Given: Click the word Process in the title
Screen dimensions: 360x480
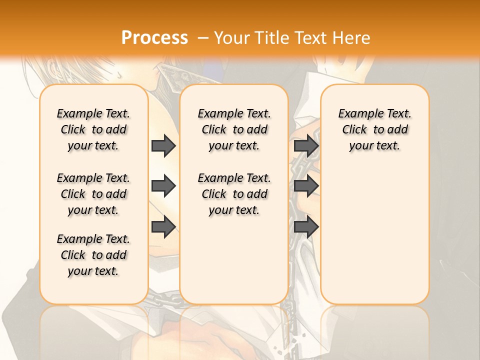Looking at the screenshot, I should coord(154,38).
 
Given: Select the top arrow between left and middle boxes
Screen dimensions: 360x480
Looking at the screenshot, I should coord(163,145).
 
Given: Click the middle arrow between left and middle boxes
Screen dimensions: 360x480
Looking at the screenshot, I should coord(163,186).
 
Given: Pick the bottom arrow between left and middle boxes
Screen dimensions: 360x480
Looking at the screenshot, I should coord(163,227).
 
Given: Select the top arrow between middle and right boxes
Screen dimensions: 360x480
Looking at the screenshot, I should coord(306,145).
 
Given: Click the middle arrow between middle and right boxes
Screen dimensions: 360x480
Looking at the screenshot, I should coord(306,186).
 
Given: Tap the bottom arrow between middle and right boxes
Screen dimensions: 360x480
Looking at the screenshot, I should coord(306,227).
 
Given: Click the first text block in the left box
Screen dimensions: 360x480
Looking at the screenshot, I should coord(93,129).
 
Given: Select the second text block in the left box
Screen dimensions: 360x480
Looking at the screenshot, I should coord(93,194).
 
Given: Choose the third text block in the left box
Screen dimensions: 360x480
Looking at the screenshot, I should coord(93,255).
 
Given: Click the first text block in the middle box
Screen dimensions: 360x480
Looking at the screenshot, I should coord(234,129).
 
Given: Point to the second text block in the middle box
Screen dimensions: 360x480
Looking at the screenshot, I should coord(234,194).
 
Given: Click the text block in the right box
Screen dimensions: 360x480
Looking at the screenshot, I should coord(374,129).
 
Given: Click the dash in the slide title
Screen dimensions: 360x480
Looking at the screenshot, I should coord(203,38).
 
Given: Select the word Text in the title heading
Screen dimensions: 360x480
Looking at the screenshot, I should coord(308,38).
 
